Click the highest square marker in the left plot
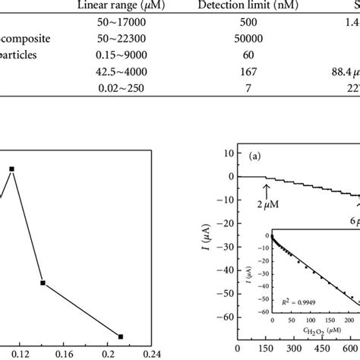11,169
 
